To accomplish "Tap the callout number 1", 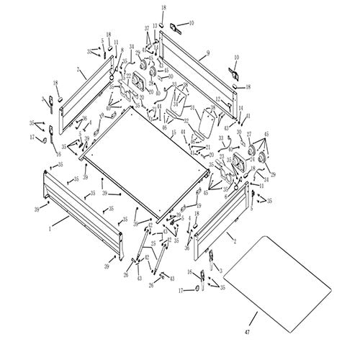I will [x=50, y=228].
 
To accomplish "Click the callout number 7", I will [x=77, y=70].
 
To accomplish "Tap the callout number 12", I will [x=217, y=99].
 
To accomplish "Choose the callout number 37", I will [x=146, y=27].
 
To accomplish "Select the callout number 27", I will [x=248, y=134].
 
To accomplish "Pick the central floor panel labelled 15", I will [x=144, y=169].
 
